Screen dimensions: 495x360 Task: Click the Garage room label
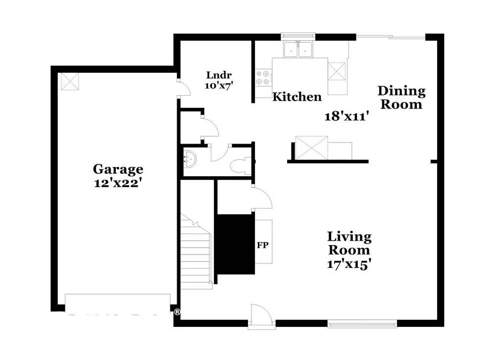coord(118,169)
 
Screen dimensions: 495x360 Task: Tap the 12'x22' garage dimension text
coord(117,183)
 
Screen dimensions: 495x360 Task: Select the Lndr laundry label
coord(219,75)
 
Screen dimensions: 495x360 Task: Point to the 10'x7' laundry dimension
coord(219,85)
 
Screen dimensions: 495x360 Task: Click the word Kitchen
coord(297,97)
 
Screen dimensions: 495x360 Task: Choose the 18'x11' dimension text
coord(347,116)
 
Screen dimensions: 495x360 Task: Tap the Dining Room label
coord(401,97)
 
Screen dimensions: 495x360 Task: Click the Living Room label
coord(349,243)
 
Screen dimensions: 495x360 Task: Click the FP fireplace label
coord(263,245)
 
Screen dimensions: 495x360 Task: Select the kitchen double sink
coord(298,50)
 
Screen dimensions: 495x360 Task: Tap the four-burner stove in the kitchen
coord(263,78)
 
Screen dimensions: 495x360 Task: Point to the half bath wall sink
coord(190,157)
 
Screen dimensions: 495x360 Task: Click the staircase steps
coord(196,251)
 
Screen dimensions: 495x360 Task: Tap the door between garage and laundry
coord(183,87)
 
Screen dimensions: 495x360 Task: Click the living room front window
coord(362,324)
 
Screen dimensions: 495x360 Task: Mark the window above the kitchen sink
coord(298,36)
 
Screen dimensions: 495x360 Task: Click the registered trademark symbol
coord(177,312)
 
